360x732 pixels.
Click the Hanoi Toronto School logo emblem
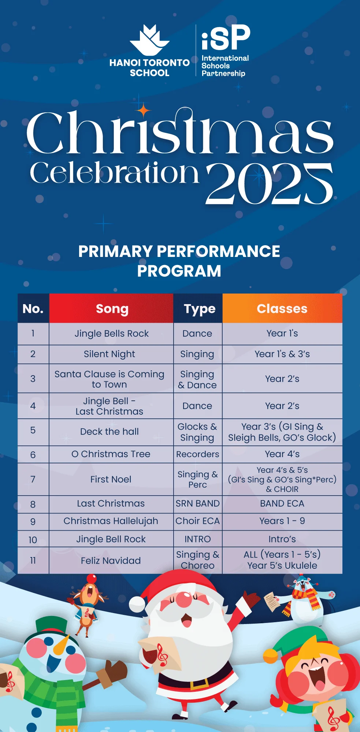click(x=149, y=40)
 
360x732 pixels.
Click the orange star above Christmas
click(x=144, y=110)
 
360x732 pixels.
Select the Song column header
click(x=111, y=308)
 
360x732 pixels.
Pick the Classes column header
click(x=282, y=308)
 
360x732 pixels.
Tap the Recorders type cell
click(x=198, y=454)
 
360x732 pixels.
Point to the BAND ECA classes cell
click(x=282, y=504)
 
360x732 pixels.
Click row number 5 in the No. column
click(x=33, y=430)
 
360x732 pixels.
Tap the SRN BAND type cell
click(x=198, y=504)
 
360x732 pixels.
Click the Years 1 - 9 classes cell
click(x=282, y=521)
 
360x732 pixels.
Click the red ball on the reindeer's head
click(x=92, y=579)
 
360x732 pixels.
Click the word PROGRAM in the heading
click(x=179, y=271)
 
